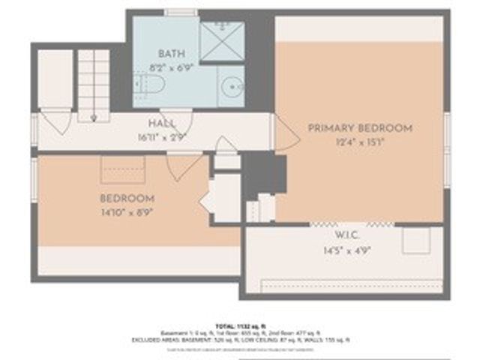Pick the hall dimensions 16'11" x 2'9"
pyautogui.click(x=161, y=136)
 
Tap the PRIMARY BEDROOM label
pyautogui.click(x=360, y=128)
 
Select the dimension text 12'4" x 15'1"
pyautogui.click(x=360, y=142)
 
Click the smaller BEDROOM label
pyautogui.click(x=127, y=199)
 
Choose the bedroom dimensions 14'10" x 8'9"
pyautogui.click(x=127, y=211)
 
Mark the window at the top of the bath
pyautogui.click(x=181, y=12)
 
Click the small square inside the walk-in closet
pyautogui.click(x=415, y=240)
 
